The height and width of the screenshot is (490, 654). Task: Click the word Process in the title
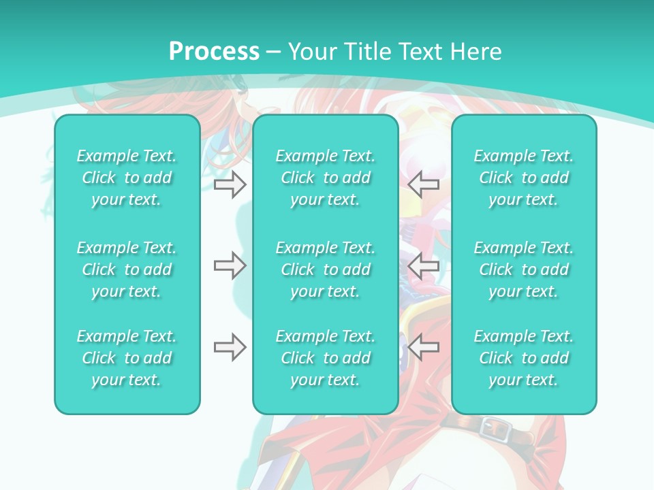[x=214, y=52]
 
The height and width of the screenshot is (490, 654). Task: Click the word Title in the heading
[x=365, y=52]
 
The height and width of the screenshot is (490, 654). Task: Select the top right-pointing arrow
[x=230, y=184]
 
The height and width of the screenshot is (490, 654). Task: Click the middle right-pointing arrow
[x=230, y=266]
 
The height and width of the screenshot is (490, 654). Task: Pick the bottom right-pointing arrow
[x=230, y=348]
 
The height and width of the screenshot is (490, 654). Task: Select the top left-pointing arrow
[x=424, y=184]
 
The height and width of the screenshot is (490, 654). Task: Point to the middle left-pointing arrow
[x=424, y=266]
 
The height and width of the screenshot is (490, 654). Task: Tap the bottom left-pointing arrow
[x=424, y=348]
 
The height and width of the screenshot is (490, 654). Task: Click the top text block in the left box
[x=127, y=178]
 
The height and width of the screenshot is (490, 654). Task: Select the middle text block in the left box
[x=127, y=269]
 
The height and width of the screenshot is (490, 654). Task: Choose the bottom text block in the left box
[x=127, y=358]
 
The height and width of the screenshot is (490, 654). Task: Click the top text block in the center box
[x=325, y=178]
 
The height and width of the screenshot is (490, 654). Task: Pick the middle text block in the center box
[x=325, y=269]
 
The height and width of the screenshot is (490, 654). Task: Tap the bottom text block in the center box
[x=325, y=358]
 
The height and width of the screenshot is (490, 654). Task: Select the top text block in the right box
[x=524, y=178]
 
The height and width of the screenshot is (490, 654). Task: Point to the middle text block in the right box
[x=524, y=269]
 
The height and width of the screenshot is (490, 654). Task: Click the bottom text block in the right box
[x=524, y=358]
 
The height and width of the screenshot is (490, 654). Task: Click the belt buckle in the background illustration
[x=492, y=428]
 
